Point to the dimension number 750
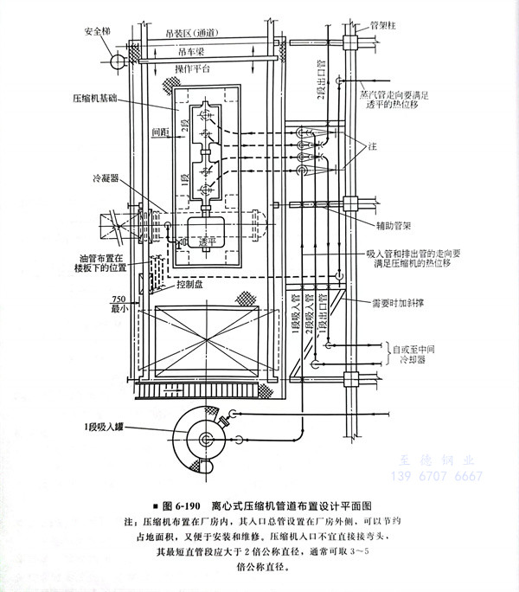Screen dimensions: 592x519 tap(119, 298)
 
